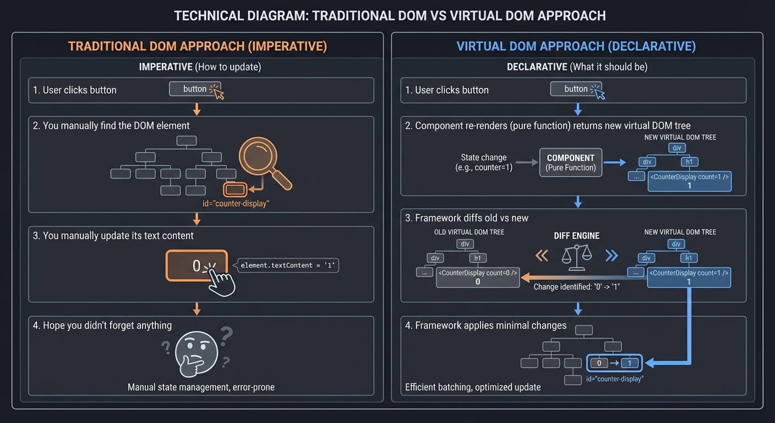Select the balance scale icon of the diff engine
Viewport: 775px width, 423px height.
click(576, 257)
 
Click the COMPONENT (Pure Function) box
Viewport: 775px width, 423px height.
click(571, 162)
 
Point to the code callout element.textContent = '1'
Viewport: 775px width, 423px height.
click(288, 265)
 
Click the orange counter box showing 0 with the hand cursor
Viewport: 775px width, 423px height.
click(197, 266)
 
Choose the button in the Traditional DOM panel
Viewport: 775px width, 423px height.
click(194, 89)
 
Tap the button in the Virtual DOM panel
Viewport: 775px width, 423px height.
click(576, 89)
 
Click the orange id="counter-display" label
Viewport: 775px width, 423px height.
click(236, 204)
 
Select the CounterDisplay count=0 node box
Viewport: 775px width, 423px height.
click(477, 277)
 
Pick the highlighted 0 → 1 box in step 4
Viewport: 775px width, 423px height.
click(615, 363)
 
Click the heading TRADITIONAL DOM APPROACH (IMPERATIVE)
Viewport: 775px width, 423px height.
click(198, 46)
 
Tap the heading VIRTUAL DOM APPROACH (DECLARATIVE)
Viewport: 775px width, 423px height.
click(576, 46)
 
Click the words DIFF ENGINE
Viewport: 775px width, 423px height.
click(576, 236)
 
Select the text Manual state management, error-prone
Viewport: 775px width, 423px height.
click(201, 387)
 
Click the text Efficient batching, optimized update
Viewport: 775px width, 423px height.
click(473, 387)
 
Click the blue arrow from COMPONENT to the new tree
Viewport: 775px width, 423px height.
click(615, 162)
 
